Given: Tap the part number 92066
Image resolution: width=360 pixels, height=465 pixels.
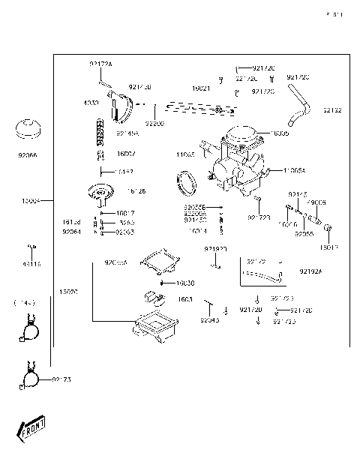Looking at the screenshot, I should pyautogui.click(x=28, y=155).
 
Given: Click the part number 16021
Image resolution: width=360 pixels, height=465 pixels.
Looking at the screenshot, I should pyautogui.click(x=200, y=88).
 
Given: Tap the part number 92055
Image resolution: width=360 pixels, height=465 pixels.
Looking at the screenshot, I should pyautogui.click(x=303, y=234).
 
